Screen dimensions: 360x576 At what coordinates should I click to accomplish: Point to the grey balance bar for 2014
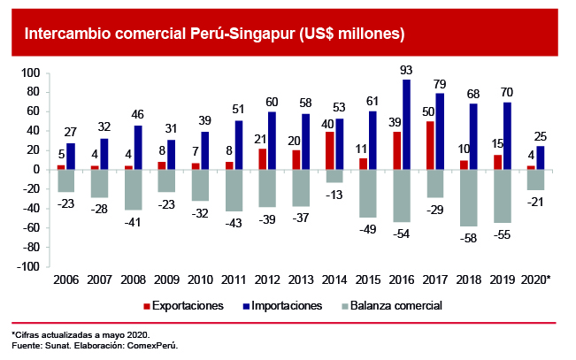click(334, 176)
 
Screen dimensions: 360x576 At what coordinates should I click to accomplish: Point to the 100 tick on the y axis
click(33, 73)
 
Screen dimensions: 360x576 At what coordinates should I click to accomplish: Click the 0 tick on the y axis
click(38, 170)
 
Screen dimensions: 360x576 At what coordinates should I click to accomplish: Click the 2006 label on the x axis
click(66, 280)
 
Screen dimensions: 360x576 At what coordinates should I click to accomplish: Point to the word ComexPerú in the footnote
click(151, 345)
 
